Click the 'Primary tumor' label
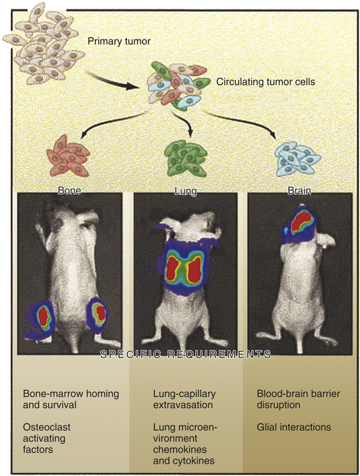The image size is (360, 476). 119,41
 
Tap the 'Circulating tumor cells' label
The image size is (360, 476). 266,82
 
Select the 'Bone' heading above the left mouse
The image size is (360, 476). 70,190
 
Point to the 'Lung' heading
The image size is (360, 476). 186,191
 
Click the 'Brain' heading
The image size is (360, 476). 299,190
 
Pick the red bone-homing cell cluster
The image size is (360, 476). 68,156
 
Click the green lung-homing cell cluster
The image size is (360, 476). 186,158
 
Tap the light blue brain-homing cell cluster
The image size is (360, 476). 297,159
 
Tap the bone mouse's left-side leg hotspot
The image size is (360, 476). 43,316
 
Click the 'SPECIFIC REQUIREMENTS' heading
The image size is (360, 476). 185,355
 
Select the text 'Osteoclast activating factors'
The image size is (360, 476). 47,438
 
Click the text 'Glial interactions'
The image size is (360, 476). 293,427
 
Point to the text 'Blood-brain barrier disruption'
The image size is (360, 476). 299,399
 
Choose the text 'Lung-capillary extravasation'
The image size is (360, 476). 184,399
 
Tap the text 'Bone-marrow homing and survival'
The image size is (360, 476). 71,399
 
